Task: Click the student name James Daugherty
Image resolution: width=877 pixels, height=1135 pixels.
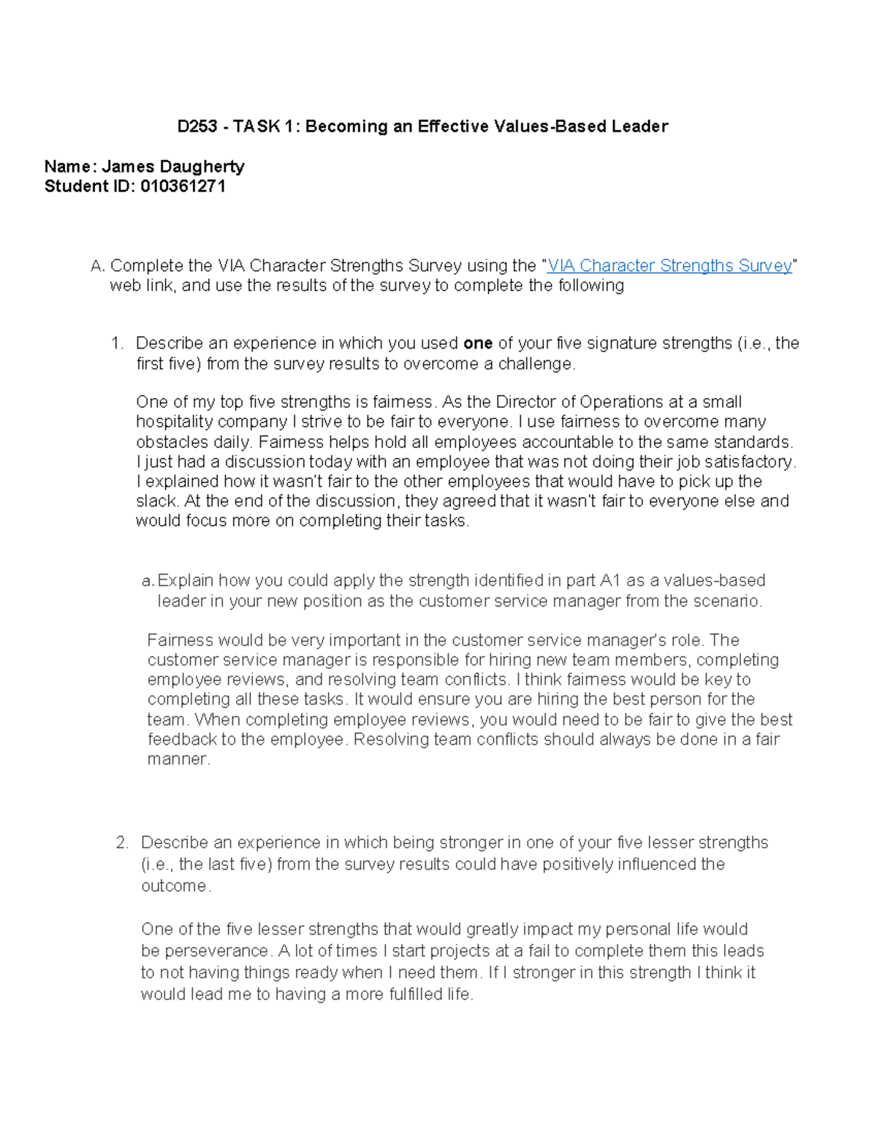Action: point(172,167)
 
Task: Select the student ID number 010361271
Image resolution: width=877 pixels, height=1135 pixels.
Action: point(183,186)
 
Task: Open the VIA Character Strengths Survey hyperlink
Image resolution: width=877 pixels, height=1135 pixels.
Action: point(669,266)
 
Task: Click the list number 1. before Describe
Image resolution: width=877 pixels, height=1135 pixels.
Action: point(117,343)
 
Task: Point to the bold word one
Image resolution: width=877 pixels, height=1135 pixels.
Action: point(477,343)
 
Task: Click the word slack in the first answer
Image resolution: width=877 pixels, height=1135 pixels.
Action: point(156,501)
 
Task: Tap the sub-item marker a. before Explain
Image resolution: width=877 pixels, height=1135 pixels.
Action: point(148,581)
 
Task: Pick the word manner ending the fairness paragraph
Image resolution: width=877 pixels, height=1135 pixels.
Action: point(178,759)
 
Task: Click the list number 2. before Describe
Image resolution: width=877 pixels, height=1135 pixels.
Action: point(122,843)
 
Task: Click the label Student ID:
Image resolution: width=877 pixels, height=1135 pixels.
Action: point(89,186)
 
